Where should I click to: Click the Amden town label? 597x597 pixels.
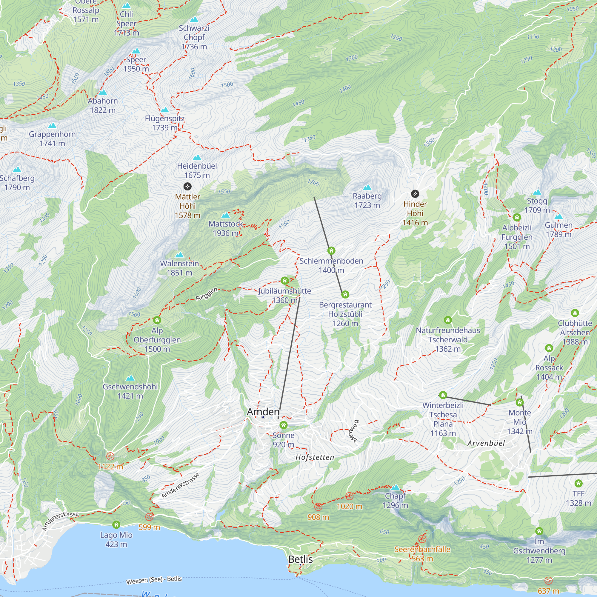click(x=263, y=412)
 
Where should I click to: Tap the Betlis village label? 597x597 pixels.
click(x=300, y=559)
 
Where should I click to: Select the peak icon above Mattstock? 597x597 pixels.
click(x=226, y=215)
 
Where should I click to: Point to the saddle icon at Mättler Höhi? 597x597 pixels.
click(x=187, y=186)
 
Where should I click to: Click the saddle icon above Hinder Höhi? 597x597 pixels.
click(x=415, y=194)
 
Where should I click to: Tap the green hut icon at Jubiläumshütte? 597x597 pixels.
click(x=284, y=281)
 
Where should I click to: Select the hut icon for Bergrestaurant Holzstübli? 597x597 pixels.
click(x=345, y=295)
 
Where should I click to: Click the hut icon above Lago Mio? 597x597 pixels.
click(x=116, y=524)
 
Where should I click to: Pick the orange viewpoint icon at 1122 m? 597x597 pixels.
click(x=110, y=456)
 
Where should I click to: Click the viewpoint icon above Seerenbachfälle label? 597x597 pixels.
click(x=422, y=539)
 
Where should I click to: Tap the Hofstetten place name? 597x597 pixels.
click(x=315, y=457)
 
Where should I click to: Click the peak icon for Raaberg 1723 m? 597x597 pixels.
click(x=367, y=187)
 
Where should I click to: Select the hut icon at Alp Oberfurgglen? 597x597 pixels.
click(x=157, y=320)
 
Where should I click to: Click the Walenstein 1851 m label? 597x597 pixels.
click(x=179, y=268)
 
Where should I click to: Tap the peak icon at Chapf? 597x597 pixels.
click(x=395, y=488)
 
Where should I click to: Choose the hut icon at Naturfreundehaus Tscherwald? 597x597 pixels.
click(x=448, y=320)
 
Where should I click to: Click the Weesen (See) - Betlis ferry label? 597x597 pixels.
click(x=154, y=580)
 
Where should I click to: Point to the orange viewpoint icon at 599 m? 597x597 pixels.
click(x=149, y=517)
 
